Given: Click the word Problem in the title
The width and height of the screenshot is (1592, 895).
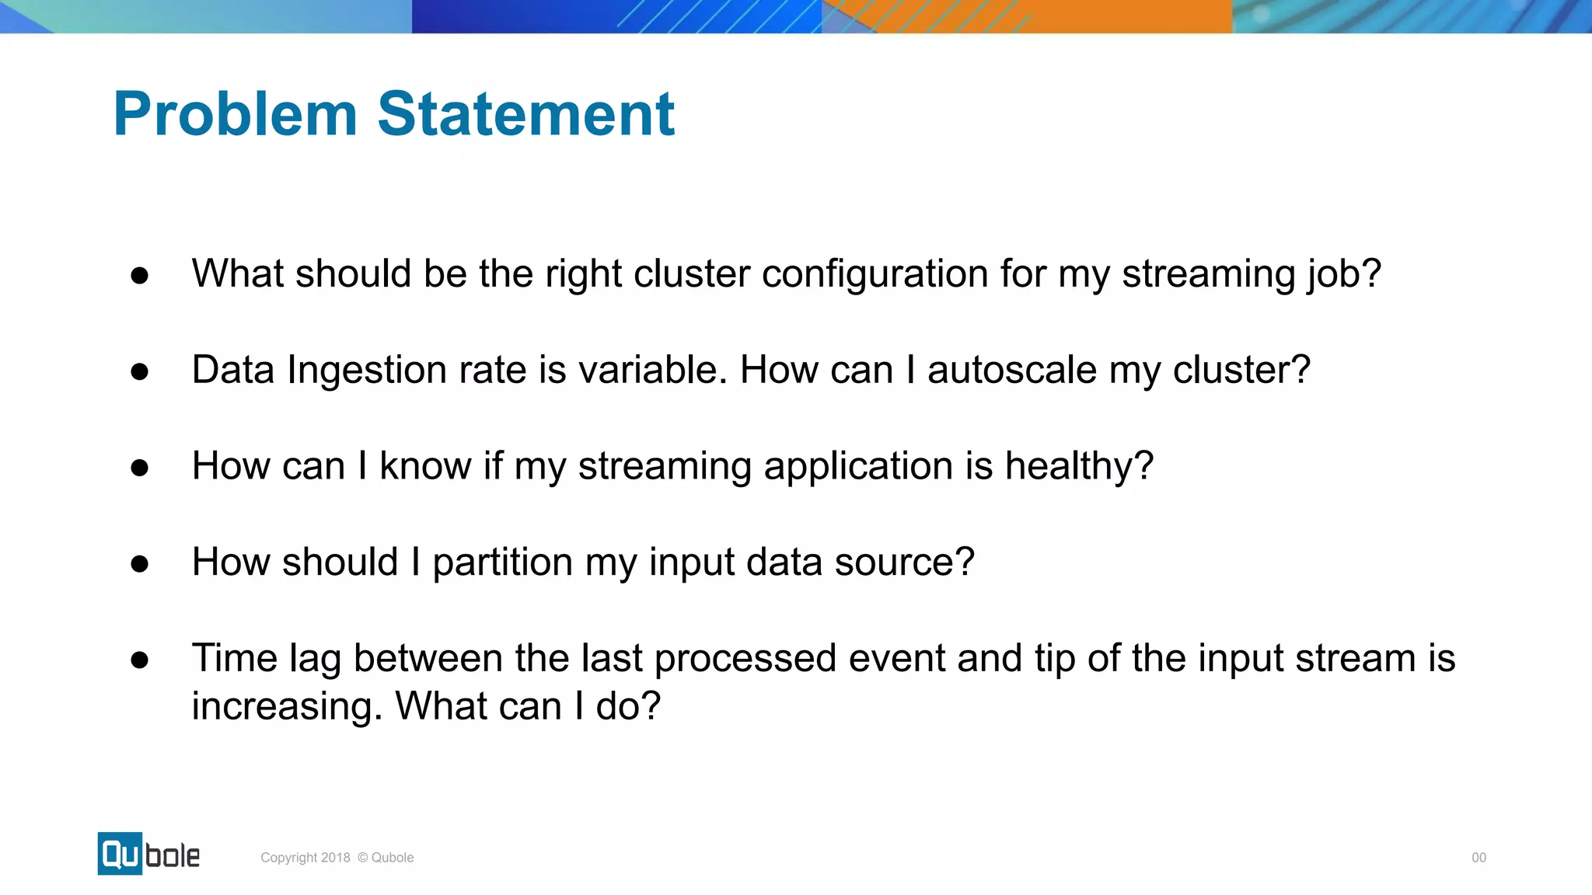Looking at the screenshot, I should tap(235, 114).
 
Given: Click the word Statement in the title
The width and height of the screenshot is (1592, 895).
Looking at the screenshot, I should tap(525, 114).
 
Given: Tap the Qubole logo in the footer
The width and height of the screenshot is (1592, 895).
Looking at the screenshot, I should tap(148, 854).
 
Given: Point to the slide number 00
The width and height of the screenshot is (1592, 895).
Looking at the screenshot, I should tap(1479, 858).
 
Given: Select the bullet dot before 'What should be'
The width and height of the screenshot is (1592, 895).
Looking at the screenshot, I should tap(140, 275).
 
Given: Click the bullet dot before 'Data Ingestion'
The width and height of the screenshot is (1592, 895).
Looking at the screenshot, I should tap(140, 371).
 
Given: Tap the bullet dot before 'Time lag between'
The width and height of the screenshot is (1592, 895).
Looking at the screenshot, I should tap(140, 660).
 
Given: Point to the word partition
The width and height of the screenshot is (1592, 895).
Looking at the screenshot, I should tap(502, 562).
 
